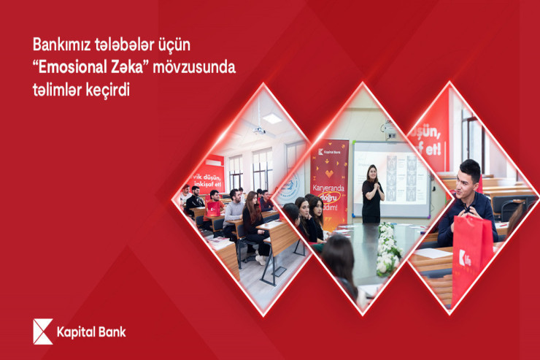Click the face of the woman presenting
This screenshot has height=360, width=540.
coord(371,174)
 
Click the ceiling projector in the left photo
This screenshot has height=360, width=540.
coord(258,131)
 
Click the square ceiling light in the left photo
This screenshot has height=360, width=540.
coord(272,118)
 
